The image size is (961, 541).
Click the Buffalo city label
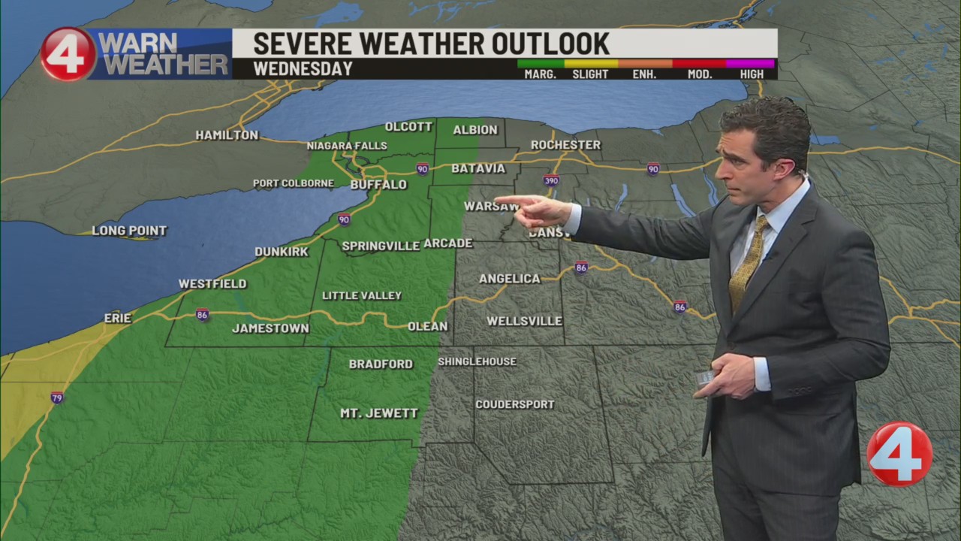tap(378, 184)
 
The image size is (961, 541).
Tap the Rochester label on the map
tap(565, 144)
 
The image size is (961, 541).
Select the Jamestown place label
tap(270, 328)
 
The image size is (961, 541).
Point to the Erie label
tap(117, 318)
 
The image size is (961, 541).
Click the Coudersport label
tap(515, 404)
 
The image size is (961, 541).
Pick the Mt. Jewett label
tap(379, 413)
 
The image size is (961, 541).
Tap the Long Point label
tap(129, 231)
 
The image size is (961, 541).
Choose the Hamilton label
tap(227, 135)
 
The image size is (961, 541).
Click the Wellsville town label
tap(524, 321)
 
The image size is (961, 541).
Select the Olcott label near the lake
tap(408, 126)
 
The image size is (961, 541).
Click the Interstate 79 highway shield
tap(57, 397)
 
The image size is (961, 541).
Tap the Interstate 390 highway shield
tap(551, 180)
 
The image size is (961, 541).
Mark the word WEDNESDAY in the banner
tap(303, 69)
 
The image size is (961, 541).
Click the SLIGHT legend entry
tap(590, 74)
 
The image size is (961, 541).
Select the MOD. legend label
tap(697, 74)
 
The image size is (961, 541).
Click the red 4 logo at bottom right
tap(899, 454)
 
